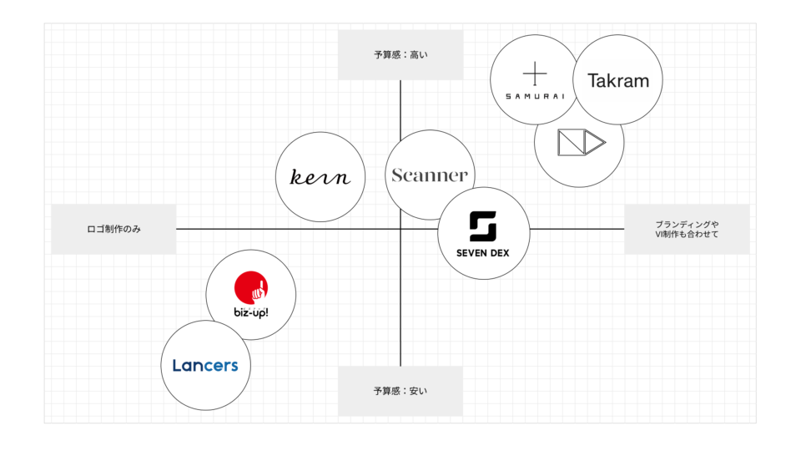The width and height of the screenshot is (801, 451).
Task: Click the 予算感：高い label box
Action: point(400,55)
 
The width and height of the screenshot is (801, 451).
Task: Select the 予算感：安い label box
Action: point(400,391)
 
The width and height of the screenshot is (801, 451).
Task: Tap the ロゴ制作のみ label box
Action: point(113,229)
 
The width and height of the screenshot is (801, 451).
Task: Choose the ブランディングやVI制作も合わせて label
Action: point(687,229)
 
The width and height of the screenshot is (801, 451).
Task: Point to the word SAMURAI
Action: point(535,97)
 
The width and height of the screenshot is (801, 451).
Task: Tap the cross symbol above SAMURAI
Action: point(535,73)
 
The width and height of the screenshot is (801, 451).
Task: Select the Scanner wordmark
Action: point(430,175)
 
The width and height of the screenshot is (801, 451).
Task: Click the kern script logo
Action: point(320,177)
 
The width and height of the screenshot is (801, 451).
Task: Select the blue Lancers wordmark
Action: point(205,365)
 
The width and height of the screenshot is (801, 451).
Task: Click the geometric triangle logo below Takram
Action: point(581,142)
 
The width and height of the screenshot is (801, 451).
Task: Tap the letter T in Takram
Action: point(592,81)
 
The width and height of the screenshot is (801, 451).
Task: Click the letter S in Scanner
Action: point(398,175)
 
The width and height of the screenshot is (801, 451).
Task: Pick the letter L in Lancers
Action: point(177,365)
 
